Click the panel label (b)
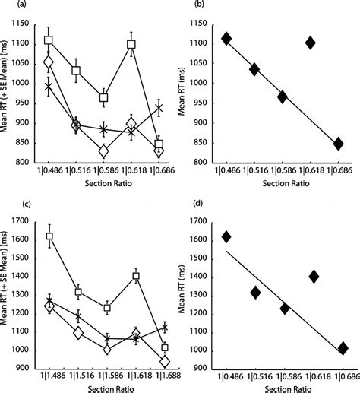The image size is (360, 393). (x=192, y=5)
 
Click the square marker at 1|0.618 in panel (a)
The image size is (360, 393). (x=131, y=45)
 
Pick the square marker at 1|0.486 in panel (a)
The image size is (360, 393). (x=49, y=40)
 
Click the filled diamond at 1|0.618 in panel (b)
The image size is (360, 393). (x=310, y=43)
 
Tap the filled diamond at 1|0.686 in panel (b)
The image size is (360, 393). (x=338, y=143)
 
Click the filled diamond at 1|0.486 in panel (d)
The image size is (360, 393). (x=226, y=236)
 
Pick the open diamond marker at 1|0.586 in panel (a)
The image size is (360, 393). (x=104, y=151)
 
